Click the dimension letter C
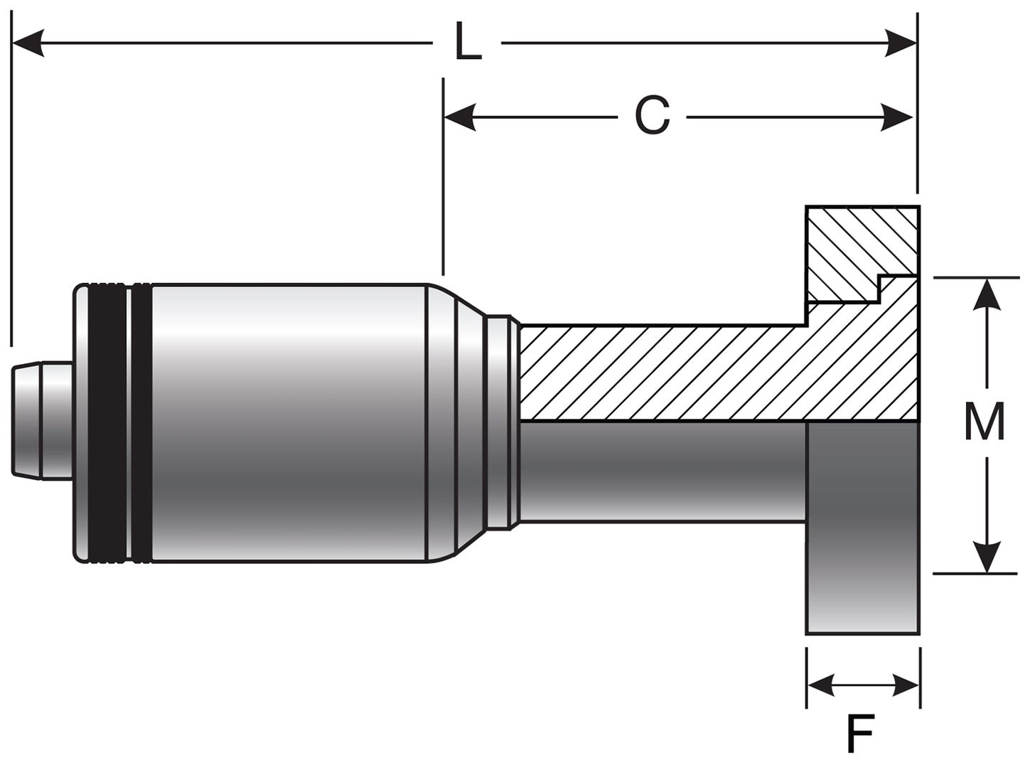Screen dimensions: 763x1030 pos(652,116)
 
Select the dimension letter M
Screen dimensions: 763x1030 pos(984,422)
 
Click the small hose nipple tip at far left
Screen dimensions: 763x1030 pos(41,421)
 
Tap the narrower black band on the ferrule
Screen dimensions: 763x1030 pos(141,423)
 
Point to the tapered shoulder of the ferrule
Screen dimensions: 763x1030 pos(455,423)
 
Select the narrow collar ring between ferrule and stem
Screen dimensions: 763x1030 pos(501,423)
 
